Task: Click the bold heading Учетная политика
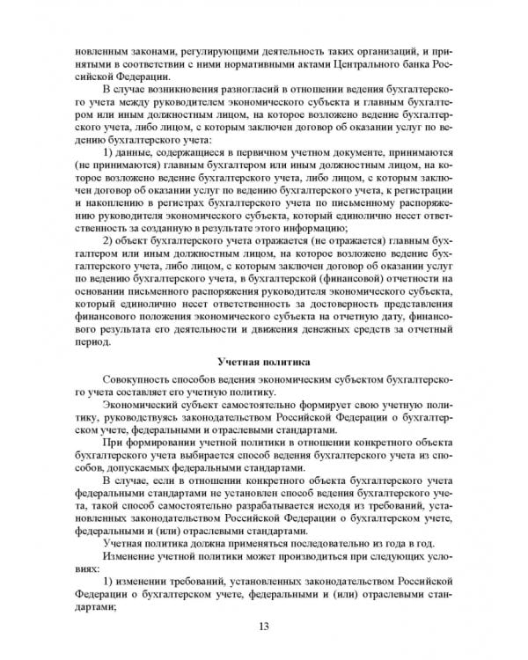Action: pos(263,361)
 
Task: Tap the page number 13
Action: pos(263,626)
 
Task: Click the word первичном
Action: pos(267,151)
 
